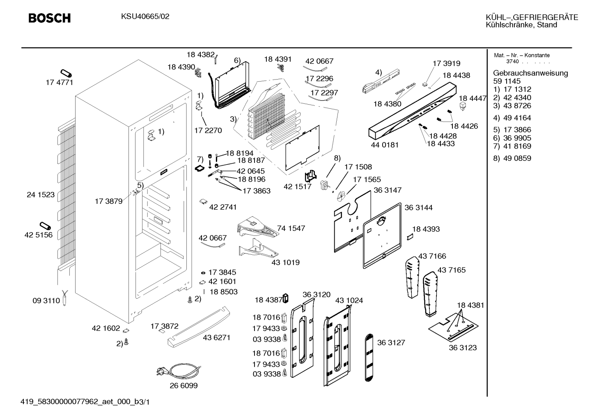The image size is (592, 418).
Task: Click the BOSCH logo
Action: pyautogui.click(x=49, y=18)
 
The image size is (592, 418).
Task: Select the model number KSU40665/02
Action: pyautogui.click(x=145, y=16)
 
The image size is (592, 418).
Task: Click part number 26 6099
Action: pyautogui.click(x=184, y=386)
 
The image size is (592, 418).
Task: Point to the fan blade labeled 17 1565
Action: pyautogui.click(x=341, y=196)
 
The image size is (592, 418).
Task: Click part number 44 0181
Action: pyautogui.click(x=385, y=145)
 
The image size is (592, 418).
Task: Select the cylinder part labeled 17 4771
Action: pyautogui.click(x=66, y=73)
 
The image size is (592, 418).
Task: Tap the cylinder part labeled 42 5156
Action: pyautogui.click(x=46, y=226)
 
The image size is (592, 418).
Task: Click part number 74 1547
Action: pyautogui.click(x=291, y=228)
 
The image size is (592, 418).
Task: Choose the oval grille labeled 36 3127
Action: pyautogui.click(x=369, y=357)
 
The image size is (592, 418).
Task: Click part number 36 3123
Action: pyautogui.click(x=463, y=347)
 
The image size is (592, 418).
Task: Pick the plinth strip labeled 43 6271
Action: pyautogui.click(x=199, y=327)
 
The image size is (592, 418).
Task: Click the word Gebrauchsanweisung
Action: pyautogui.click(x=530, y=73)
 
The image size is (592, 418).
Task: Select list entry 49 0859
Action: pyautogui.click(x=517, y=158)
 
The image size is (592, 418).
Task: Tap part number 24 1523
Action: pyautogui.click(x=41, y=194)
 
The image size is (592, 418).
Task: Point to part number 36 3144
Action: pyautogui.click(x=418, y=208)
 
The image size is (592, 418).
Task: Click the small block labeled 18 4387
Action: pyautogui.click(x=285, y=298)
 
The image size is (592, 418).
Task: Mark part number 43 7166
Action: pyautogui.click(x=432, y=256)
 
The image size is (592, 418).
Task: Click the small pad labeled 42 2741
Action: pyautogui.click(x=204, y=201)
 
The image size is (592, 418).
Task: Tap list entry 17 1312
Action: pyautogui.click(x=517, y=89)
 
